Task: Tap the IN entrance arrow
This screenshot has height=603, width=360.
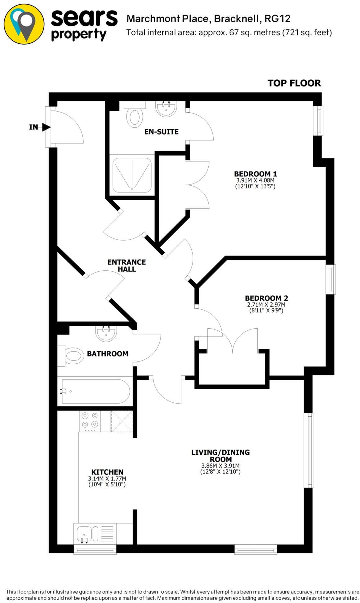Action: click(x=46, y=127)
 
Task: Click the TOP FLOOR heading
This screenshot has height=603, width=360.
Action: click(x=294, y=83)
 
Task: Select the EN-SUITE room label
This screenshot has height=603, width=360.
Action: click(x=161, y=132)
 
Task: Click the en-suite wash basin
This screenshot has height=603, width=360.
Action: click(x=166, y=109)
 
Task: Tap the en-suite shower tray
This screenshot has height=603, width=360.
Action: click(x=132, y=175)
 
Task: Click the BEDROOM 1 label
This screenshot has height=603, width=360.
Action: click(x=255, y=174)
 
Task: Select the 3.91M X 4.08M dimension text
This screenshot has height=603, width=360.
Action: click(x=255, y=180)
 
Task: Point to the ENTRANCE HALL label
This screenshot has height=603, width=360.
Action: click(x=127, y=265)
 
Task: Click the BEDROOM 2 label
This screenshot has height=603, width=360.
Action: click(x=266, y=298)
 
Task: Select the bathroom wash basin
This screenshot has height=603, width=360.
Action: click(x=106, y=334)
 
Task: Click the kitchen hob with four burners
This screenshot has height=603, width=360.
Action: click(x=90, y=421)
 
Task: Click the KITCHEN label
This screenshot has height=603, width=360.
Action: click(x=107, y=472)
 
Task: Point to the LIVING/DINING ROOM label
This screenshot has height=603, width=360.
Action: click(x=220, y=455)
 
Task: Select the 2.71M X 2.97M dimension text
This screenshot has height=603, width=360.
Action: click(x=266, y=304)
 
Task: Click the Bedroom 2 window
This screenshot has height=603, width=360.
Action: click(x=332, y=279)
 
